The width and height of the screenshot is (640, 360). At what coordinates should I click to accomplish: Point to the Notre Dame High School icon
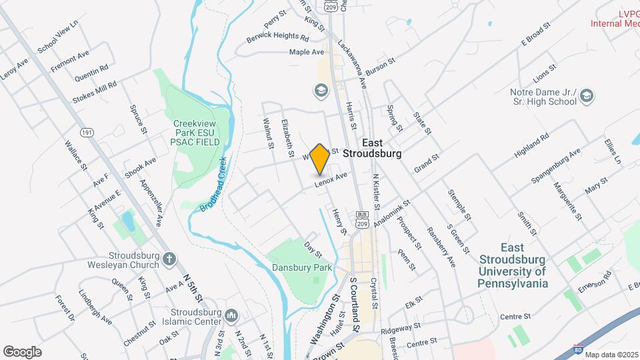point(586,97)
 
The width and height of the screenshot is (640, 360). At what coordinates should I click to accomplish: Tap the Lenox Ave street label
point(331,179)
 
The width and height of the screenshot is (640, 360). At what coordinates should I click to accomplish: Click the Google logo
point(22,351)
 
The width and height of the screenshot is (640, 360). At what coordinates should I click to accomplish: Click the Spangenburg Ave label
point(556,166)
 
